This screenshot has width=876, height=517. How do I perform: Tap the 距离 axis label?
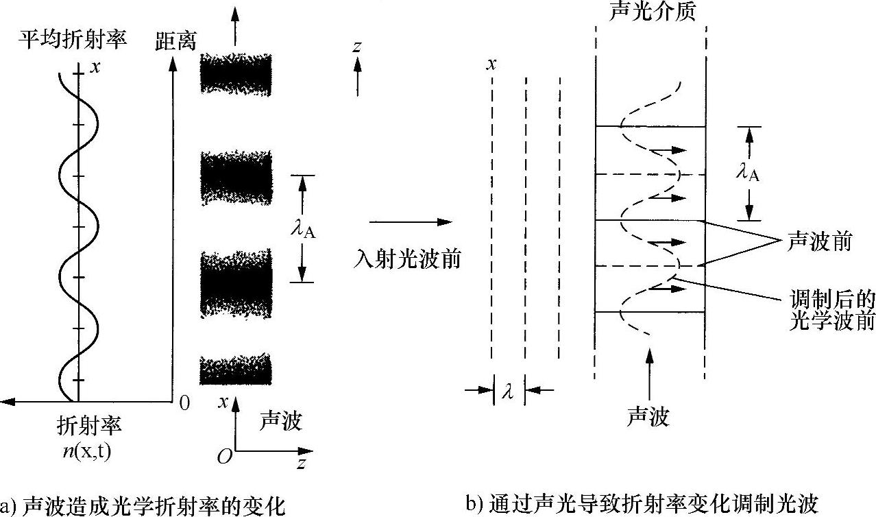pyautogui.click(x=175, y=41)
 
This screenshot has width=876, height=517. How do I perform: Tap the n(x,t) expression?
pyautogui.click(x=89, y=451)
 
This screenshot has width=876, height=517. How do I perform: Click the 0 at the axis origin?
pyautogui.click(x=184, y=402)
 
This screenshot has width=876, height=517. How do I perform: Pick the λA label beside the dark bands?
pyautogui.click(x=302, y=228)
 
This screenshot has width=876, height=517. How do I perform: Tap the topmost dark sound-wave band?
pyautogui.click(x=236, y=73)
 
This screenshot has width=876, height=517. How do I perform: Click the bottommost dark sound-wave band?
pyautogui.click(x=236, y=370)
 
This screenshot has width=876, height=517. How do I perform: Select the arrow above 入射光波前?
pyautogui.click(x=410, y=222)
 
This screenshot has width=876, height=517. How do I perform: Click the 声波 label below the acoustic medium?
pyautogui.click(x=647, y=416)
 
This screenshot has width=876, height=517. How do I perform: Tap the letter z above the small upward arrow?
pyautogui.click(x=356, y=46)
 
